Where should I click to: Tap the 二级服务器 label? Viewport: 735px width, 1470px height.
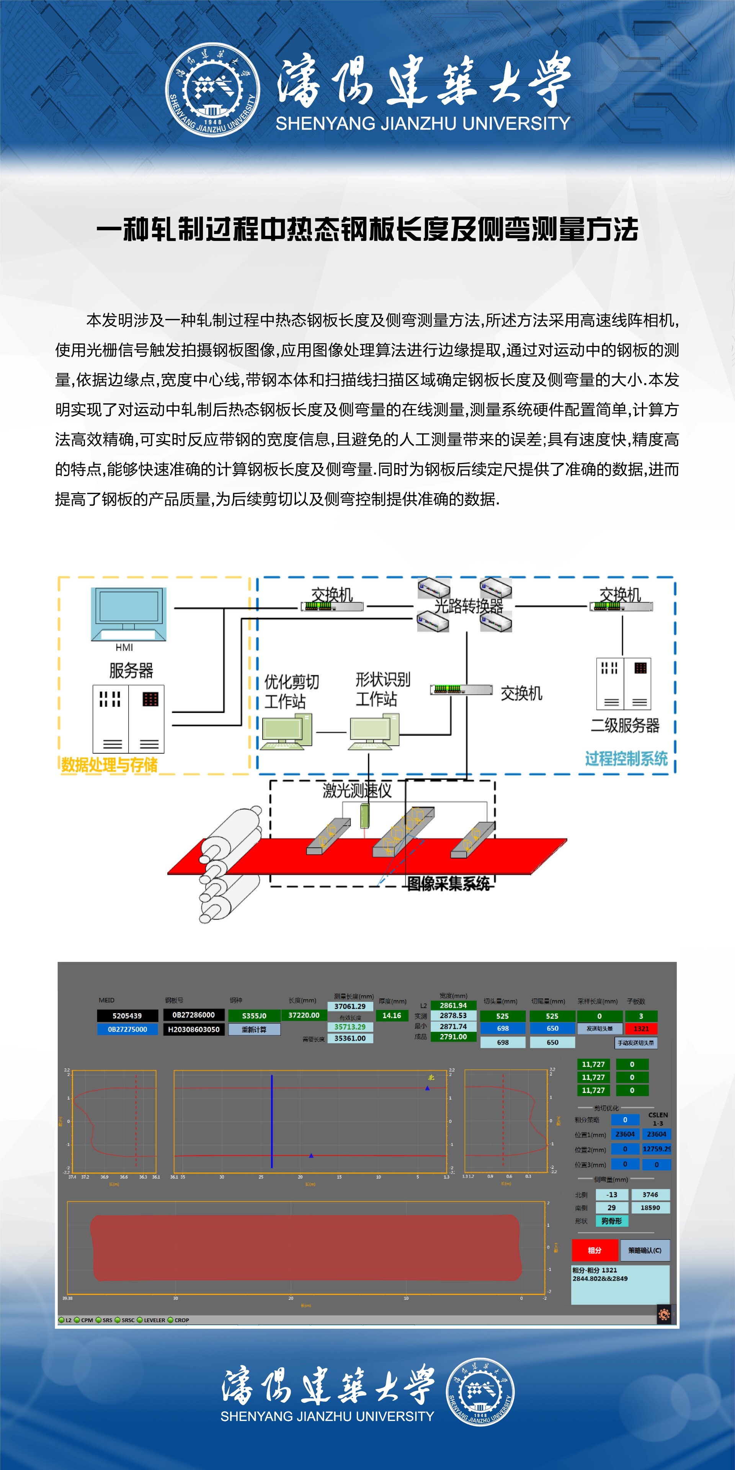625,725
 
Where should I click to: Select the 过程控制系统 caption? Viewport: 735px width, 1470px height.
626,759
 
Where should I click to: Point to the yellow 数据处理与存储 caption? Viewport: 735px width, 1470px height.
109,765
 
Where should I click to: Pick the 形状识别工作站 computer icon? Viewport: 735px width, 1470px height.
374,731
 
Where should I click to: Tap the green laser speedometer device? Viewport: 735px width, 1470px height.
365,816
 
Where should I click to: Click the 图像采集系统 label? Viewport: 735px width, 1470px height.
448,883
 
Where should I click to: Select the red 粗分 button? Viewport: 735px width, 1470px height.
595,1250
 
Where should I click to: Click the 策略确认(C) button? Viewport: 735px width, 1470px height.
644,1250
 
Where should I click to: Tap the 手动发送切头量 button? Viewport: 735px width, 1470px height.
636,1043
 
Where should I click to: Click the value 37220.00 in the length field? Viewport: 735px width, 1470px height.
304,1015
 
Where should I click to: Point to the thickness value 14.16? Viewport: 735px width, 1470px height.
392,1015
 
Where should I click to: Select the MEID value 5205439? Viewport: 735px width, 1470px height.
127,1016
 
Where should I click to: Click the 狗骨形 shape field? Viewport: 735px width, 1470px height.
611,1221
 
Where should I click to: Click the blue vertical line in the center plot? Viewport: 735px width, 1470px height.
272,1121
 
